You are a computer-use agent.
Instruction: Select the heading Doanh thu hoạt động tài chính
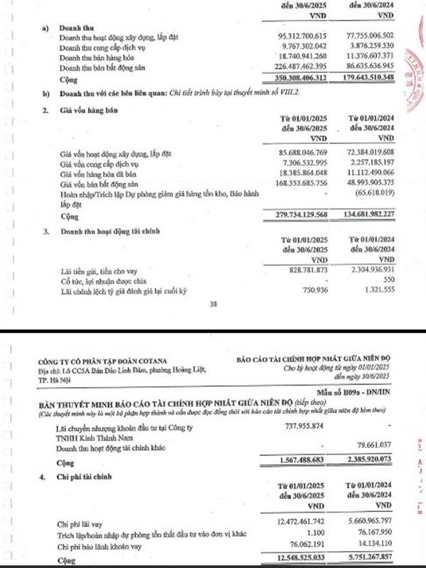[x=116, y=231]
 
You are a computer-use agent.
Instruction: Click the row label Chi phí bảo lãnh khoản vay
[x=114, y=547]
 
